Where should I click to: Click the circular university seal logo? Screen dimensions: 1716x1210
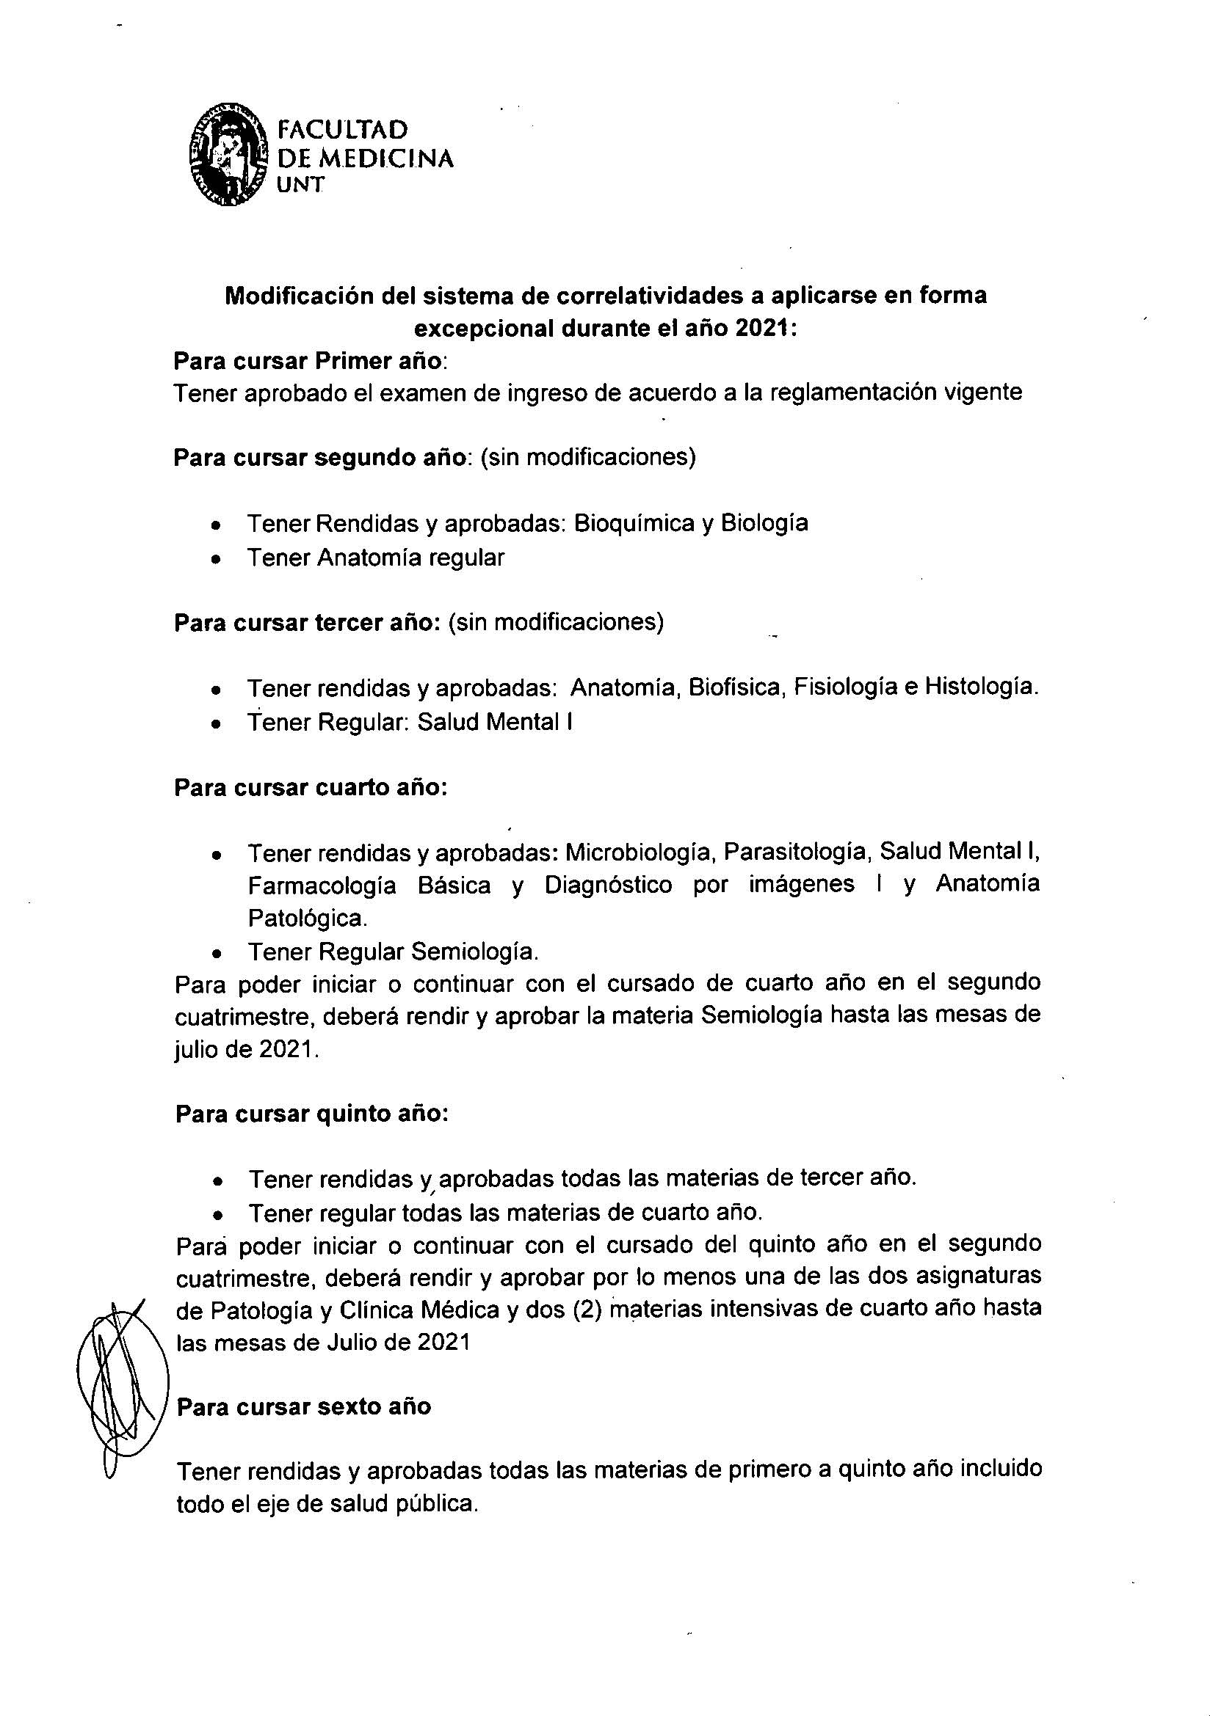228,155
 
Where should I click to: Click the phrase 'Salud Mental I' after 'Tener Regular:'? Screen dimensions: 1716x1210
495,722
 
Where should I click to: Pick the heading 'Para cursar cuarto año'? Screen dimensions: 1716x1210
311,788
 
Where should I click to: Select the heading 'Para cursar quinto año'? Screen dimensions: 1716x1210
311,1114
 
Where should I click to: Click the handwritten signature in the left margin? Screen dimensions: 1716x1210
120,1389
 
